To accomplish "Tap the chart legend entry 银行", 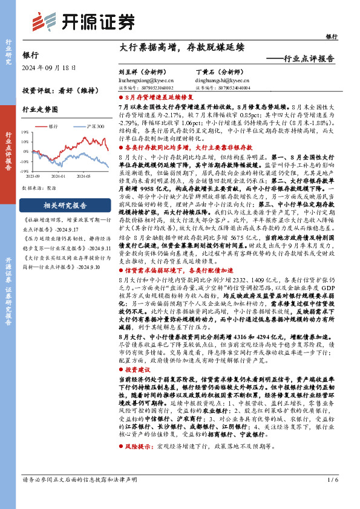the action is [x=53, y=126].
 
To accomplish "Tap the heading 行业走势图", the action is [x=40, y=109].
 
